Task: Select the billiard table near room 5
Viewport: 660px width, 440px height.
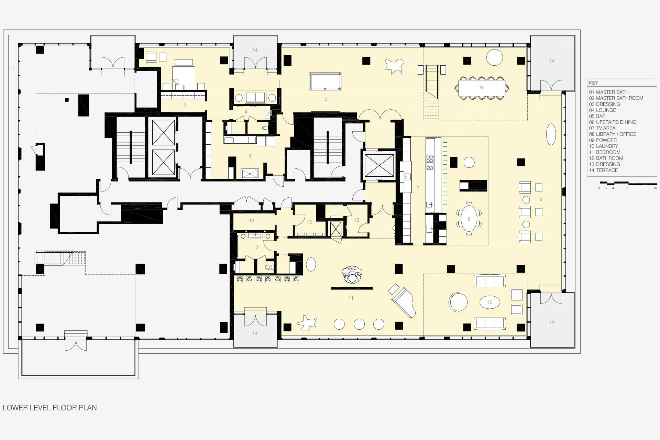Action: click(325, 81)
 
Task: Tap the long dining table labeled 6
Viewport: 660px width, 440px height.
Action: click(481, 88)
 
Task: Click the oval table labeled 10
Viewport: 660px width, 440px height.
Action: click(489, 302)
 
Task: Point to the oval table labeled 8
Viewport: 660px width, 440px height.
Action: click(469, 219)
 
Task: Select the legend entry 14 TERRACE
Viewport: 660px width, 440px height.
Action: click(603, 170)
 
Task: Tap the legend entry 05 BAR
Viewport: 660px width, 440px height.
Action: click(597, 116)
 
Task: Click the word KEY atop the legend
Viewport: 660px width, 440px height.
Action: click(593, 83)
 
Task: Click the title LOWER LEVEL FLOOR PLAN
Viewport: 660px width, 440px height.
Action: click(50, 408)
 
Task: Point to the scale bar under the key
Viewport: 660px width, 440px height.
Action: click(628, 183)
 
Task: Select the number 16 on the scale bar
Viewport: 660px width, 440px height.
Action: click(655, 188)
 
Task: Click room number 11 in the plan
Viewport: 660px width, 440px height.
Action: click(351, 298)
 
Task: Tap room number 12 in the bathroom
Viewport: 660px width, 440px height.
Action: click(256, 247)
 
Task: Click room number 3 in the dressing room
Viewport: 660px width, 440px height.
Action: click(250, 156)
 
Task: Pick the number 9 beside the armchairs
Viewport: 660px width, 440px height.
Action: click(541, 199)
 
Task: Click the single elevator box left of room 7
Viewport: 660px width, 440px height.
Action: click(379, 165)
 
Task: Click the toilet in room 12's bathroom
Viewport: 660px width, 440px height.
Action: click(268, 267)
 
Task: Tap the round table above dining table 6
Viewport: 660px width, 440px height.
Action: click(495, 57)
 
